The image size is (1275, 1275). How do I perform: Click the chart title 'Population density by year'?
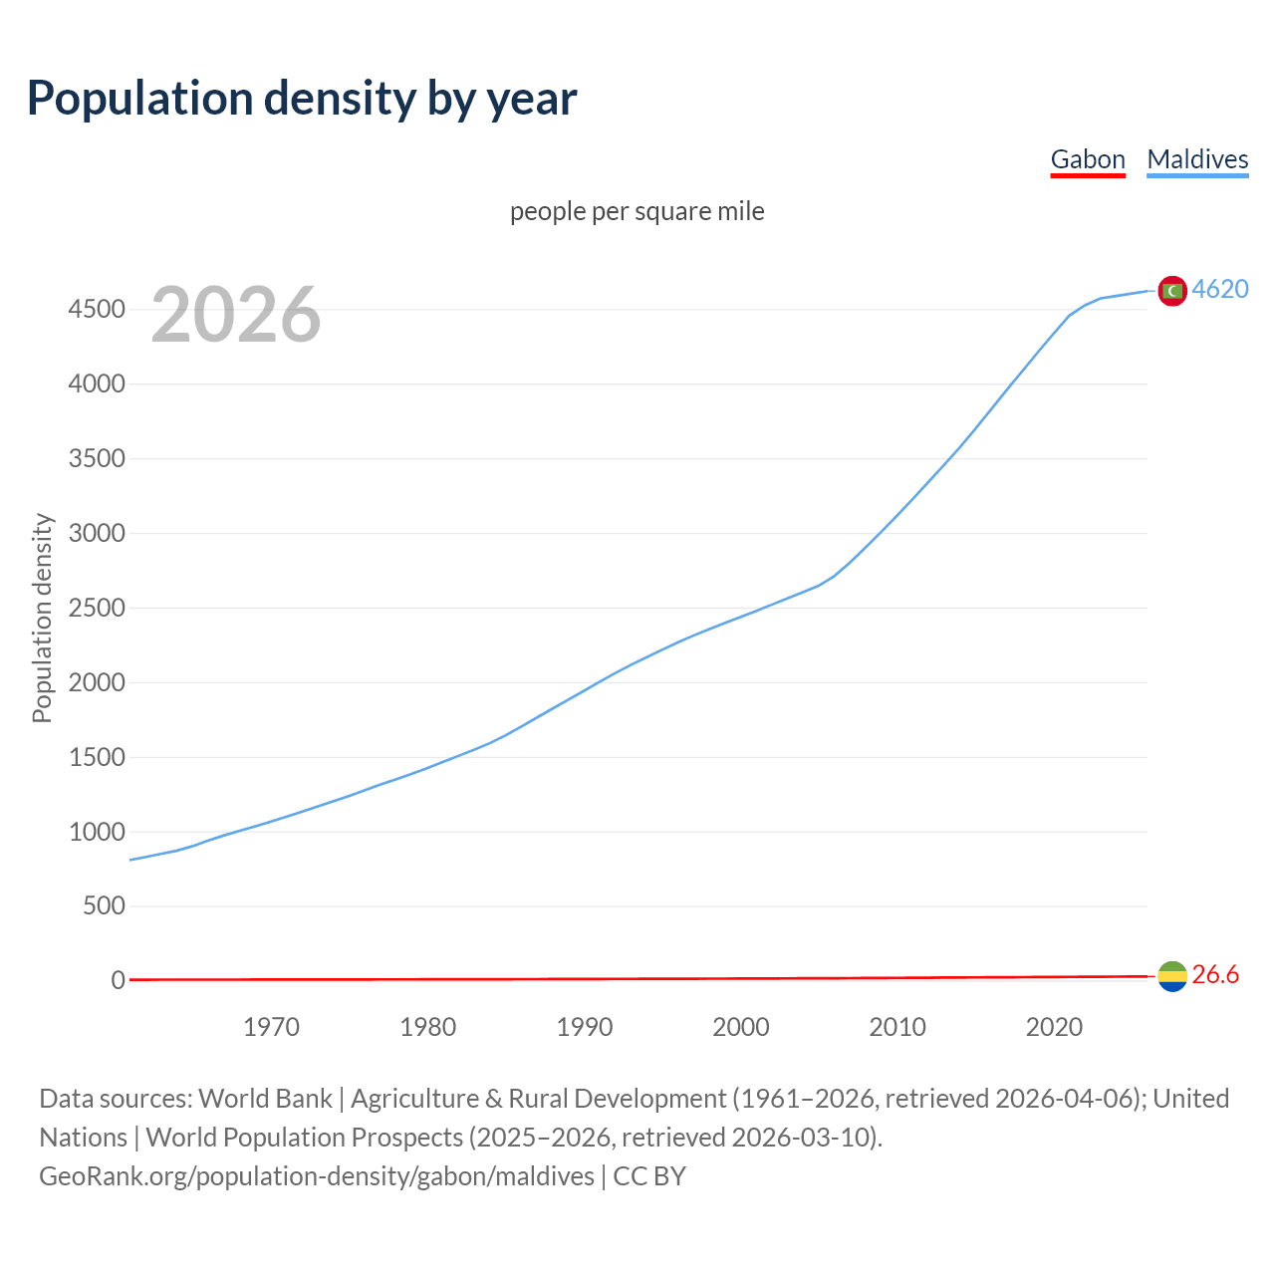click(x=302, y=99)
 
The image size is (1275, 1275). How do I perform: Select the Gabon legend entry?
click(x=1088, y=159)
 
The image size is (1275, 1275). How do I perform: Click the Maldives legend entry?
click(x=1197, y=159)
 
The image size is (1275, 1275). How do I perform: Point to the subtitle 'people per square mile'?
click(x=637, y=211)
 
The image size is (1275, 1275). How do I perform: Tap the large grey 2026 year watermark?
click(x=236, y=315)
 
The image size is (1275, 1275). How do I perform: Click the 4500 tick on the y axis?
click(x=97, y=310)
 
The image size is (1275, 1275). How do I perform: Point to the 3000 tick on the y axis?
click(x=97, y=534)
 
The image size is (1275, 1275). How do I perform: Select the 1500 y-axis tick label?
click(x=97, y=758)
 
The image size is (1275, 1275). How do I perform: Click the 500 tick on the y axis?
click(x=104, y=906)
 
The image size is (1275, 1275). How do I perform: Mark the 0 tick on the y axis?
click(x=119, y=981)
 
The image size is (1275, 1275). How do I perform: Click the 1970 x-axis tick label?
click(x=271, y=1027)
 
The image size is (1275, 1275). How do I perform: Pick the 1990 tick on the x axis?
click(x=585, y=1027)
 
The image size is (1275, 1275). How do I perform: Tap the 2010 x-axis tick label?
click(x=897, y=1027)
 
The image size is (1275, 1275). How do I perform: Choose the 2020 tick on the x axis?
click(x=1054, y=1027)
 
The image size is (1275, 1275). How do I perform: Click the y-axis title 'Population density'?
click(x=42, y=618)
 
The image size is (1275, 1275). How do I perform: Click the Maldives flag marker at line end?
click(x=1172, y=291)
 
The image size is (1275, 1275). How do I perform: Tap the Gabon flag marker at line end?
click(x=1172, y=976)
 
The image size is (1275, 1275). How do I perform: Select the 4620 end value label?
click(x=1220, y=289)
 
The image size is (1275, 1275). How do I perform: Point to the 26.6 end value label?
click(x=1215, y=975)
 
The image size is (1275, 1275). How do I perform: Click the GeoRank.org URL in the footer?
click(x=317, y=1176)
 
